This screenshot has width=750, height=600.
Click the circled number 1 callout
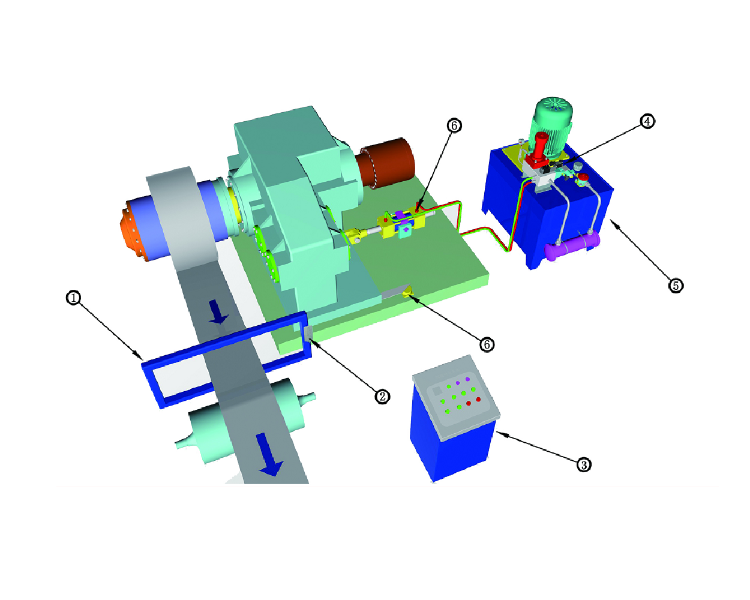(x=73, y=298)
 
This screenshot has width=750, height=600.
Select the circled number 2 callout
(x=382, y=397)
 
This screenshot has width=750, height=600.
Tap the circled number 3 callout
(x=584, y=464)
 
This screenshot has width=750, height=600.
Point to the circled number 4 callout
(x=647, y=121)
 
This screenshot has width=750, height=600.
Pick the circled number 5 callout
(x=676, y=286)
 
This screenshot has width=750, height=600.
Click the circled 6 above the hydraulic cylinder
(x=454, y=125)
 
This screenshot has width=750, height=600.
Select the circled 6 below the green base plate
(x=487, y=344)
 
